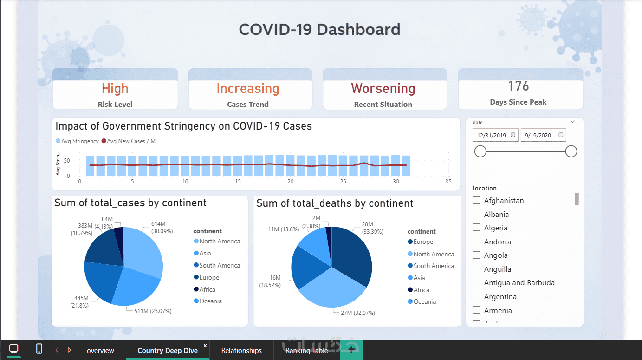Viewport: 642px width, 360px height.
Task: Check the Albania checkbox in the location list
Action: pos(476,214)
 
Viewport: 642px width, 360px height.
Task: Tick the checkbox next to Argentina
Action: pos(476,296)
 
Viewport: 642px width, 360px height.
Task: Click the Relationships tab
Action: pos(241,351)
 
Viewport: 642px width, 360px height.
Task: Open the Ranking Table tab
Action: pos(306,351)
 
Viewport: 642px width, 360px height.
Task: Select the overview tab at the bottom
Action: pos(100,351)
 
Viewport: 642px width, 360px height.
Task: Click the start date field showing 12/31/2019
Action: pos(495,135)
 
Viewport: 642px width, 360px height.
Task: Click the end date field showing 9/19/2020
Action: pos(543,135)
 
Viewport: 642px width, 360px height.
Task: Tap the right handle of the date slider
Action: pos(571,151)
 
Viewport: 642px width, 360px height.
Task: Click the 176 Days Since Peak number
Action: pos(518,86)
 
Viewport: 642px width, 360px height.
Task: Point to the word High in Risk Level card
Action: pos(115,88)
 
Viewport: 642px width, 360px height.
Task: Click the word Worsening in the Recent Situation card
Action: pos(383,88)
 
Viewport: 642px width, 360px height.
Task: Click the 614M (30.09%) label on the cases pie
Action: pos(162,227)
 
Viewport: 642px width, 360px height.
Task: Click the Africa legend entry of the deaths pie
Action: pos(421,290)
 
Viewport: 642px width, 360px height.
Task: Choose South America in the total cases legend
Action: pos(219,265)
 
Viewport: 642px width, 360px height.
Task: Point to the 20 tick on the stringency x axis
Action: pos(291,182)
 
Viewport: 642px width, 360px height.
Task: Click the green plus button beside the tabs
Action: pos(351,350)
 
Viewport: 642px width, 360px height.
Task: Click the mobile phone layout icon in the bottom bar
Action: pos(39,349)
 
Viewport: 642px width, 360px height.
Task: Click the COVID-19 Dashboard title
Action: pos(319,30)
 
